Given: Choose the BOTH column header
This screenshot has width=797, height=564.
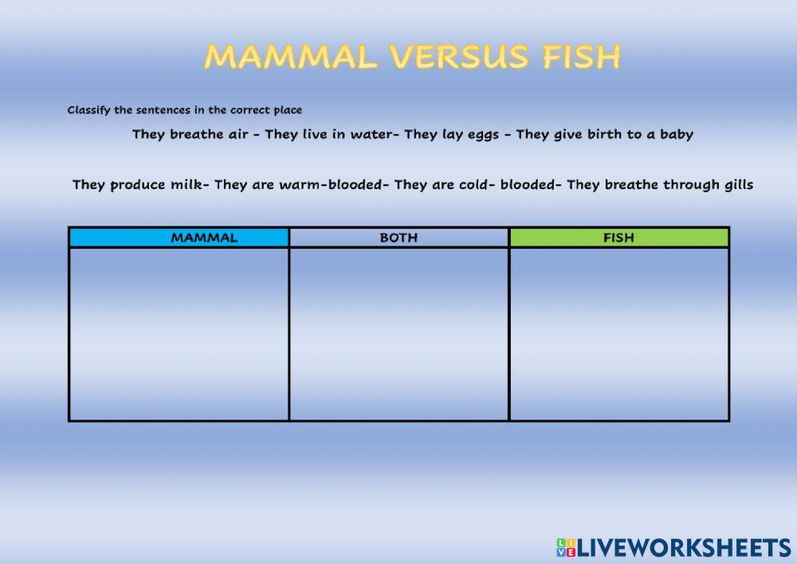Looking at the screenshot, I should pos(398,238).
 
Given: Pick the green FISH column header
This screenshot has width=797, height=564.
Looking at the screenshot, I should pos(618,238).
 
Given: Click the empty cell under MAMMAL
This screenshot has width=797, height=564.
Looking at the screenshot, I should pos(179,333).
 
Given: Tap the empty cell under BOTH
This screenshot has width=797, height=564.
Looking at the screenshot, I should pos(398,333).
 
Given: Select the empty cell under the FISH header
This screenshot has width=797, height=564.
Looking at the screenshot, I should pos(618,333).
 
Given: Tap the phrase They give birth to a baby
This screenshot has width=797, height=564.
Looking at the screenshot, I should pos(605,134).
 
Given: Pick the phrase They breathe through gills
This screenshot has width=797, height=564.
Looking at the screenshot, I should pos(660,185).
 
